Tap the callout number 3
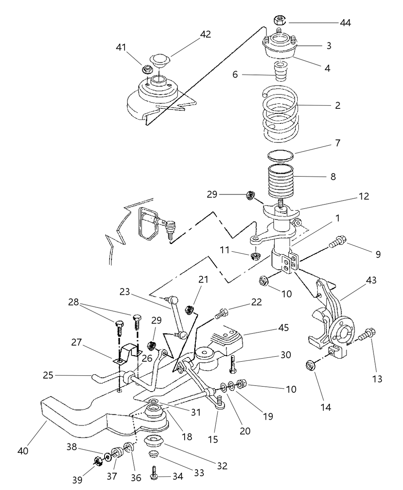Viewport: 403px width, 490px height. point(329,46)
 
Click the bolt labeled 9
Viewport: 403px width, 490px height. point(338,241)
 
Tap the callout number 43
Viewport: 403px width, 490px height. point(371,280)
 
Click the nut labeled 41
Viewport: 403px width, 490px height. point(147,70)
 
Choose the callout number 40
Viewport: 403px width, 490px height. point(23,450)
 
